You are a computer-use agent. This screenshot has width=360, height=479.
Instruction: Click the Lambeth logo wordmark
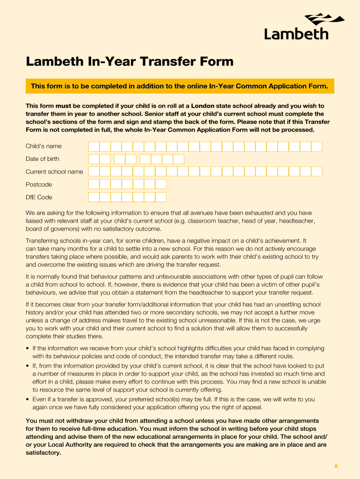click(x=296, y=34)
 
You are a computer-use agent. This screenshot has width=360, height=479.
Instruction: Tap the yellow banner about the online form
click(x=180, y=86)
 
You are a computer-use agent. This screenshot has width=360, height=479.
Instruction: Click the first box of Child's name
click(x=94, y=146)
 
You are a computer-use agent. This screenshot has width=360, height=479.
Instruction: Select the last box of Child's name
click(x=317, y=146)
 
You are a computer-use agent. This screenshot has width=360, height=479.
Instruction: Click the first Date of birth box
click(x=94, y=159)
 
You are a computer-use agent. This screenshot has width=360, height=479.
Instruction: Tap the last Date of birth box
click(x=179, y=159)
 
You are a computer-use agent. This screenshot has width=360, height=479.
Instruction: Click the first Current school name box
click(x=94, y=172)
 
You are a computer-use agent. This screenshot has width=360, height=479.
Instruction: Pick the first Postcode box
click(x=94, y=184)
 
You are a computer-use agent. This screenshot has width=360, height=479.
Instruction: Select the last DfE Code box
click(x=161, y=197)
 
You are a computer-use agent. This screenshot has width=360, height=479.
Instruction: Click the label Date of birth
click(x=43, y=159)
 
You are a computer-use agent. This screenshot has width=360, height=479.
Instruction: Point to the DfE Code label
click(x=39, y=197)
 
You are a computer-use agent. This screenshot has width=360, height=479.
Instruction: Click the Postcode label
click(x=39, y=184)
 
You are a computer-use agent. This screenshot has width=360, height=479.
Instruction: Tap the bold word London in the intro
click(x=202, y=106)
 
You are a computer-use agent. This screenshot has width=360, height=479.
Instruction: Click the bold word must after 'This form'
click(x=64, y=106)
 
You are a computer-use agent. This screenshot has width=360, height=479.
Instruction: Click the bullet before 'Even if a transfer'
click(x=28, y=399)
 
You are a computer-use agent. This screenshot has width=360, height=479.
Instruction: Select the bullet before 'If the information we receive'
click(x=28, y=348)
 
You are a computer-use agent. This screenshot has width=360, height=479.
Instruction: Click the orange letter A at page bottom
click(x=336, y=466)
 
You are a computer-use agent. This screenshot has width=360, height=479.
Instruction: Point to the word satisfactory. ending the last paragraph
click(x=43, y=453)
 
